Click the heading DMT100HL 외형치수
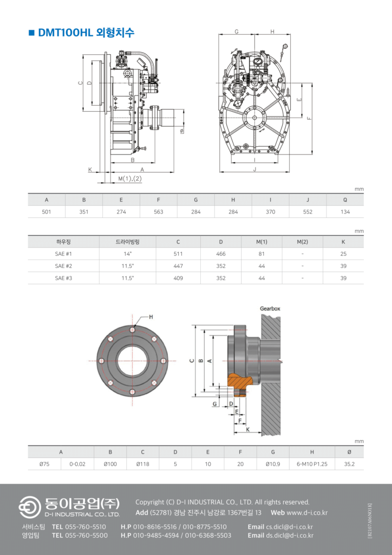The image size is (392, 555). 86,33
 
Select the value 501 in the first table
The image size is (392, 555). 47,212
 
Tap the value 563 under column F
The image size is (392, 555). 158,212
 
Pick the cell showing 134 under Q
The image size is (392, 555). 345,212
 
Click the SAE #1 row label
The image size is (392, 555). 64,254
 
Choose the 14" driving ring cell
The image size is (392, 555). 128,254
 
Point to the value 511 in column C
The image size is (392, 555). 178,254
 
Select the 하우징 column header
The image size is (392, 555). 64,242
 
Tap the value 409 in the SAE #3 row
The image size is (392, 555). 178,278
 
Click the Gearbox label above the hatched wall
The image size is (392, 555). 270,308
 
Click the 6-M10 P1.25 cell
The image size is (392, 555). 312,464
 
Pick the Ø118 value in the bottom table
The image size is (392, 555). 143,464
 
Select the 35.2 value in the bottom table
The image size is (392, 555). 349,464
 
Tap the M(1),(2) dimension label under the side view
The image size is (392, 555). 130,179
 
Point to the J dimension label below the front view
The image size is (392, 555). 254,169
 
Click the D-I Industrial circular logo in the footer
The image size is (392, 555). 30,507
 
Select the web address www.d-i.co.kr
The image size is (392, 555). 307,513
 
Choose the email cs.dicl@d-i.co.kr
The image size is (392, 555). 290,527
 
